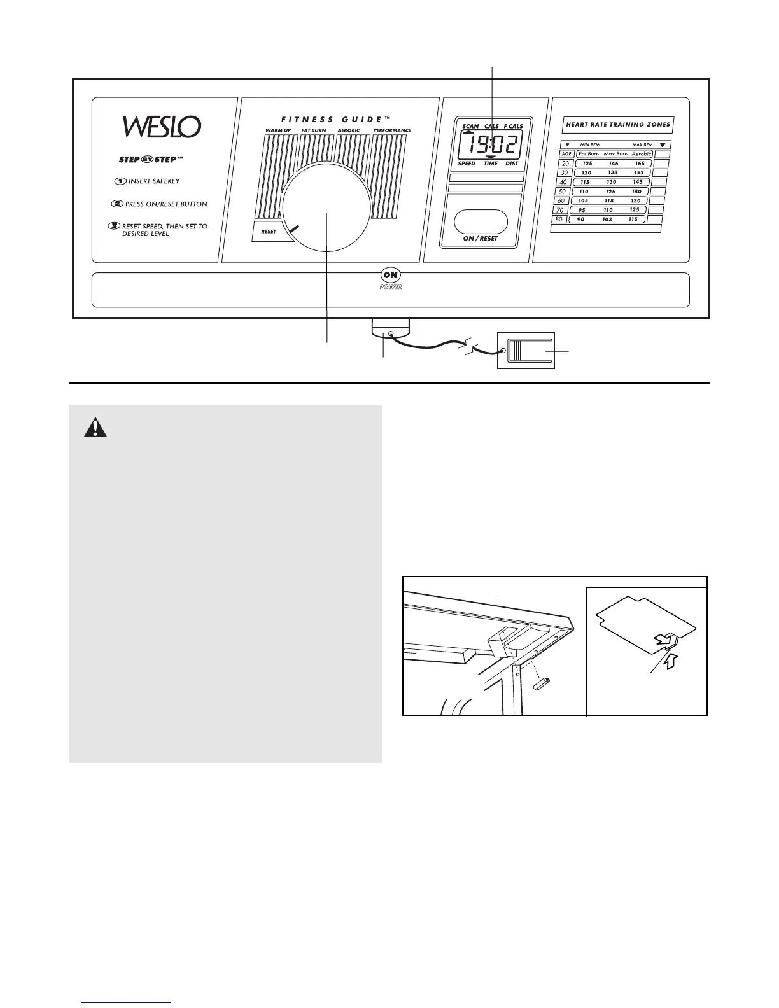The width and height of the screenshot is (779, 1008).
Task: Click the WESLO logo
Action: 162,126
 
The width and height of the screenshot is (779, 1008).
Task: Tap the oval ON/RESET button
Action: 481,221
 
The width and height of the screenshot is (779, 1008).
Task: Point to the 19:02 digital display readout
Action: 488,144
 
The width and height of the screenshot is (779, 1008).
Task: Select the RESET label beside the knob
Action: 269,231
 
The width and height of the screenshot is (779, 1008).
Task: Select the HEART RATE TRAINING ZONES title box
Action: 617,125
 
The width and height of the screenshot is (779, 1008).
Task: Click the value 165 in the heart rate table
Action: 640,164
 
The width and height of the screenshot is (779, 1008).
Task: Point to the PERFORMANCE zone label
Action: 392,130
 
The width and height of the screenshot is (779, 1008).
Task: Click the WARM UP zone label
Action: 278,130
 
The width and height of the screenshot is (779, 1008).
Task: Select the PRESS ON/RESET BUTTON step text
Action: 165,204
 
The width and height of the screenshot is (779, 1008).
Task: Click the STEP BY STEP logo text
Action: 147,160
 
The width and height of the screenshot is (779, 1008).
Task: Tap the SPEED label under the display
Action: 467,164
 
